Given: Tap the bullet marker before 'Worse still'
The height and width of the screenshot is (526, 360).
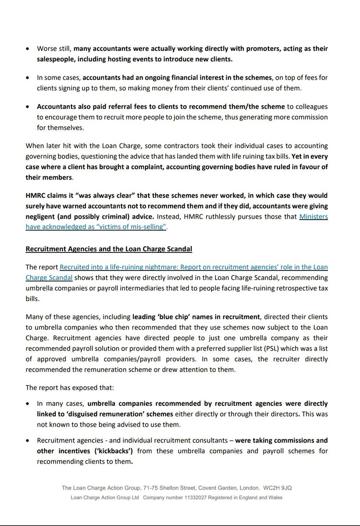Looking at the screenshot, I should [x=28, y=48].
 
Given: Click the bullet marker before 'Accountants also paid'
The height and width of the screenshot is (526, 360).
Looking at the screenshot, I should [x=28, y=107].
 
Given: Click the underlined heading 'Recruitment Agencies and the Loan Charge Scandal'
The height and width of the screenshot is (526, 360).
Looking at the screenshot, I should [x=109, y=249].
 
